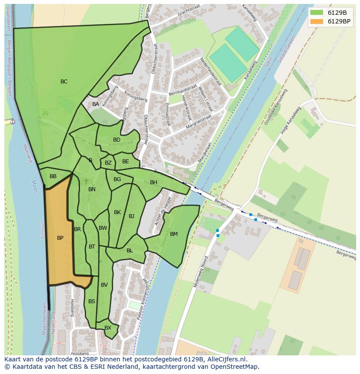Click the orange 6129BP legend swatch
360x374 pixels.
click(x=317, y=21)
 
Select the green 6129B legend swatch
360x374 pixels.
click(x=317, y=13)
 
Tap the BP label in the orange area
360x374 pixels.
click(x=60, y=238)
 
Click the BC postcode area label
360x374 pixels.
click(x=64, y=82)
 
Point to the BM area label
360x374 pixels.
click(x=174, y=234)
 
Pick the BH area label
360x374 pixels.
click(x=153, y=182)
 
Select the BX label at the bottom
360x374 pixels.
click(x=108, y=328)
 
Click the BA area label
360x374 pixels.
click(x=96, y=104)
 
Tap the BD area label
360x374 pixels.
click(x=117, y=140)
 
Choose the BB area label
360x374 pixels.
click(x=53, y=176)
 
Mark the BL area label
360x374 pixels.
click(x=130, y=251)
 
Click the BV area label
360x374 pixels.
click(x=104, y=285)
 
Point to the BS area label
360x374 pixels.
click(x=92, y=301)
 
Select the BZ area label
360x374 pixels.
click(x=108, y=163)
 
